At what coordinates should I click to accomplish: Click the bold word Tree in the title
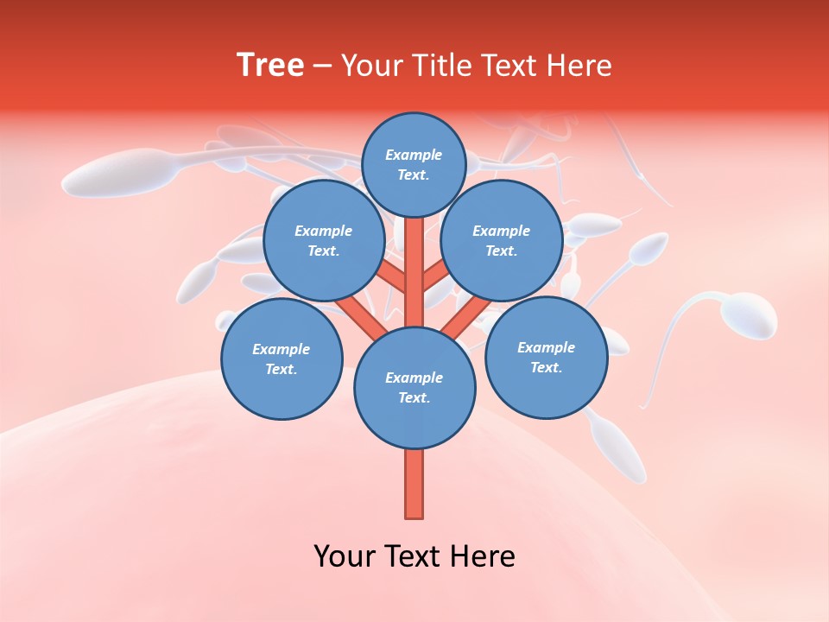pyautogui.click(x=270, y=65)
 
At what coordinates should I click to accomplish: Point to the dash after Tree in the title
pyautogui.click(x=322, y=67)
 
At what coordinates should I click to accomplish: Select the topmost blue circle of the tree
pyautogui.click(x=414, y=164)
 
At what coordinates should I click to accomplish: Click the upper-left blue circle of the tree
pyautogui.click(x=323, y=240)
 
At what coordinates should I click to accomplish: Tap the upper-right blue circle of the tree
pyautogui.click(x=501, y=240)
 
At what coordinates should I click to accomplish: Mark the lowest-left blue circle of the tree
pyautogui.click(x=282, y=359)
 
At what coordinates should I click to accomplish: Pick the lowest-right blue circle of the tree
pyautogui.click(x=546, y=357)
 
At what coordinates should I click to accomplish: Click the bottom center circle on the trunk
pyautogui.click(x=414, y=388)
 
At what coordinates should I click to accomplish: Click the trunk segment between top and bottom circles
pyautogui.click(x=414, y=272)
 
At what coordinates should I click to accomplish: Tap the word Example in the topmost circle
pyautogui.click(x=414, y=155)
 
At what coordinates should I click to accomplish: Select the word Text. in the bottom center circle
pyautogui.click(x=414, y=398)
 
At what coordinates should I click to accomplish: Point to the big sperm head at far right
pyautogui.click(x=748, y=315)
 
